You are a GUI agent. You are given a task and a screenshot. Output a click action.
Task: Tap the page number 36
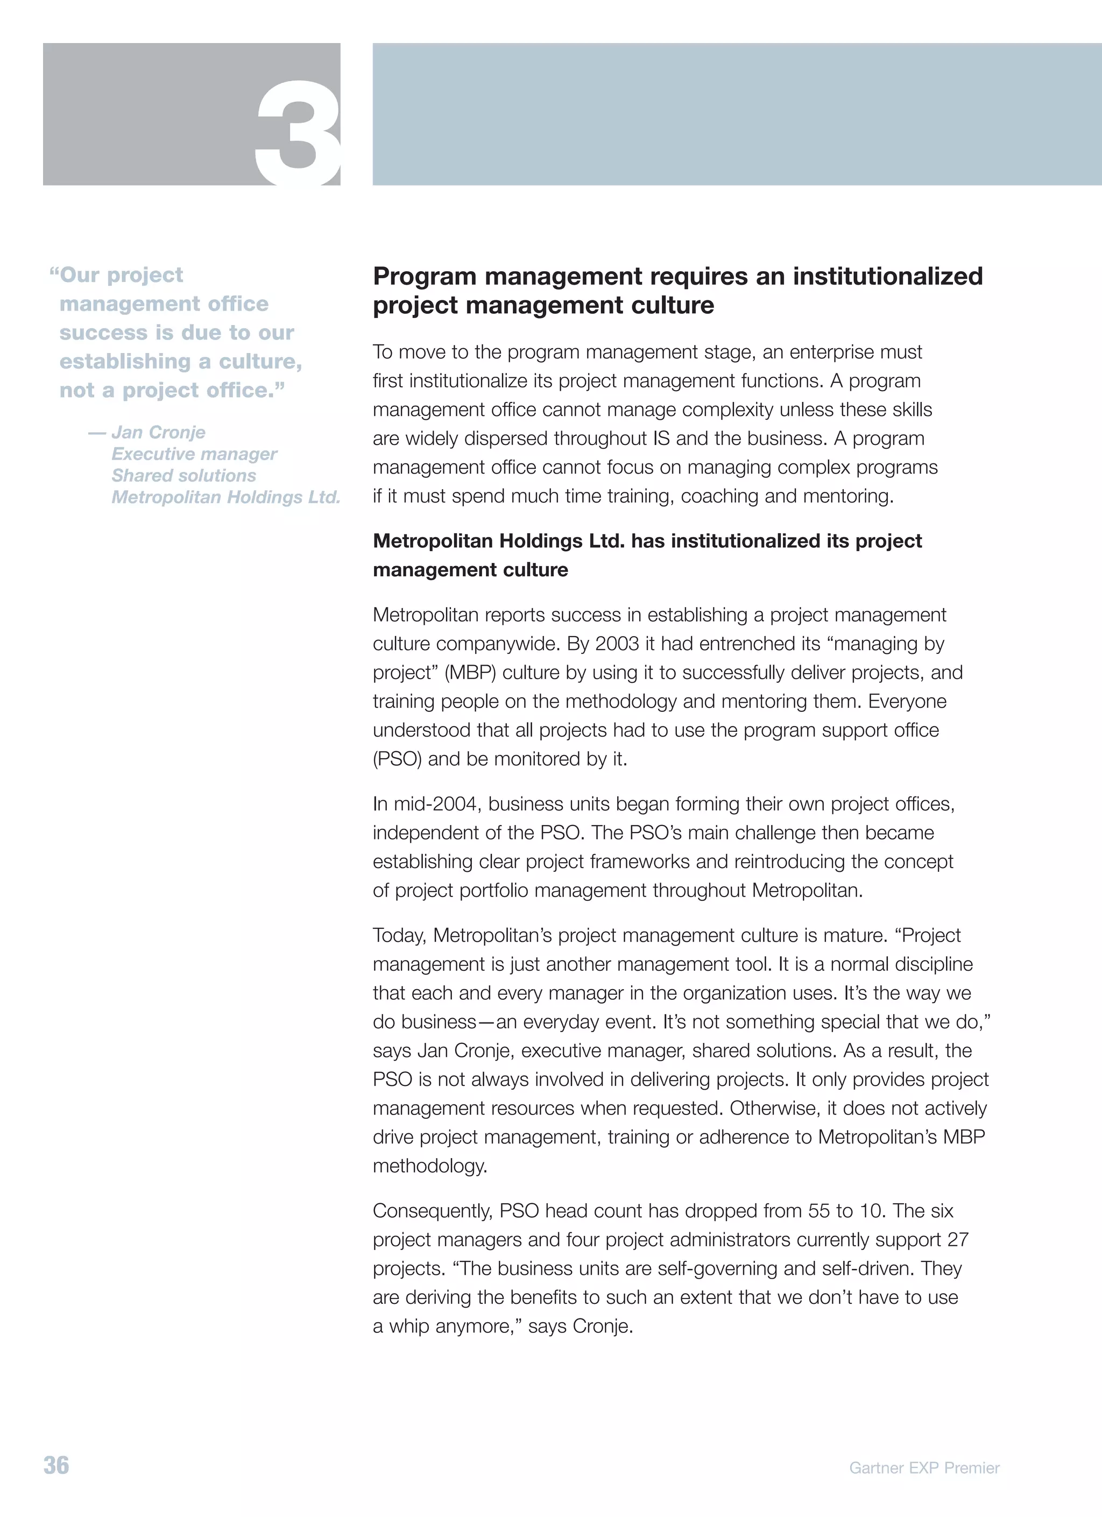coord(56,1465)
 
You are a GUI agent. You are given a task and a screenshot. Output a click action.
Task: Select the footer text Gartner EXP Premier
coord(924,1467)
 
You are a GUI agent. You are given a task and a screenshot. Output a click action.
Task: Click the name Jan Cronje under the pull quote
coord(159,432)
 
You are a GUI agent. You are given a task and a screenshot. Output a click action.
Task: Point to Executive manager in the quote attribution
coord(194,454)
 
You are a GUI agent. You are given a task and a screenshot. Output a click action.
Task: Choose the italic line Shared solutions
coord(184,476)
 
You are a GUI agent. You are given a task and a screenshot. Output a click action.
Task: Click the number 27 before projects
coord(958,1239)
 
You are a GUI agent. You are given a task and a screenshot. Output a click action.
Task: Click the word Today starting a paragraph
coord(399,935)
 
